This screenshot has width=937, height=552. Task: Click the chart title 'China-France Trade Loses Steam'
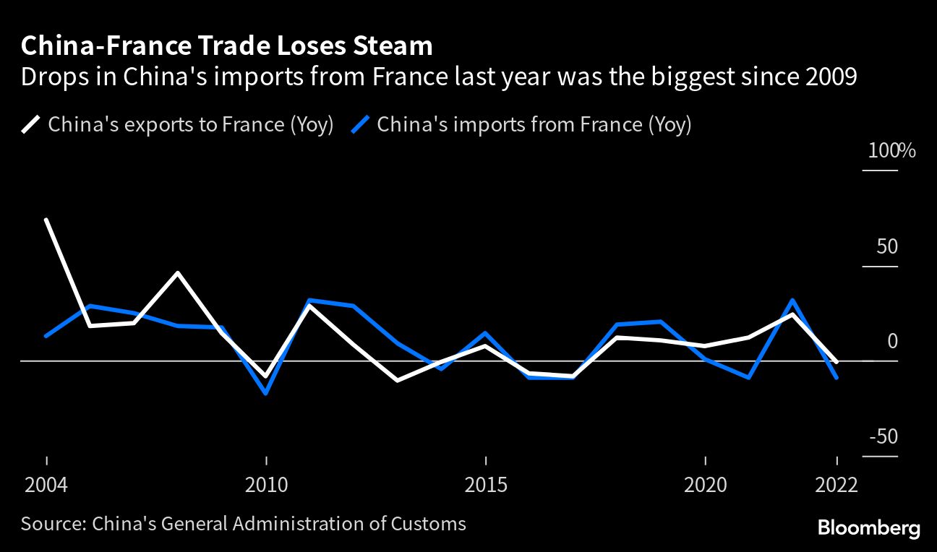pos(227,46)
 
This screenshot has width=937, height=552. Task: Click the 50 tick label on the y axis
pos(886,246)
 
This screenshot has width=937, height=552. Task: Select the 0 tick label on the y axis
pos(892,341)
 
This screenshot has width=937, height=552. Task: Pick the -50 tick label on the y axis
pos(883,436)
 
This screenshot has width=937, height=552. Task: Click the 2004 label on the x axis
pos(46,483)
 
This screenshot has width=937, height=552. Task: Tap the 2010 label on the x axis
pos(266,483)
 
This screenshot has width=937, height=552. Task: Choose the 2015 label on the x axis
pos(486,483)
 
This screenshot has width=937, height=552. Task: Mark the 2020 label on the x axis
pos(705,483)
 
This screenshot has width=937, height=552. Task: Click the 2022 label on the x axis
pos(836,483)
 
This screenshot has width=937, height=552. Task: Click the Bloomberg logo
pos(868,528)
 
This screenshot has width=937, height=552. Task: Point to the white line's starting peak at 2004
pos(47,219)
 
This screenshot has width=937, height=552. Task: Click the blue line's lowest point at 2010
pos(266,393)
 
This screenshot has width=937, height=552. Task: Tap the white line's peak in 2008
pos(178,273)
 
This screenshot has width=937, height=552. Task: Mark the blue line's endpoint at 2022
pos(837,377)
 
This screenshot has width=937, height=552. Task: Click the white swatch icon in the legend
pos(31,124)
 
